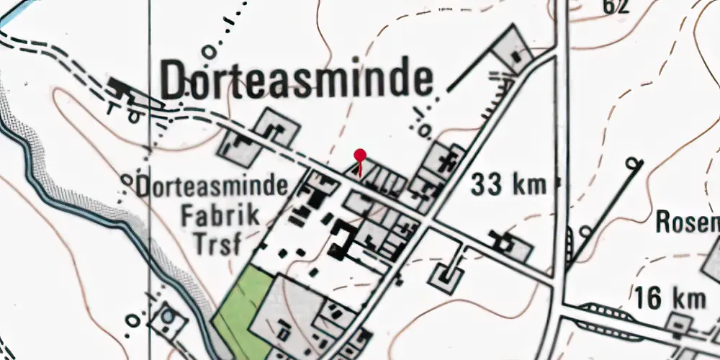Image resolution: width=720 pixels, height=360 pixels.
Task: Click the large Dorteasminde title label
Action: [297, 80]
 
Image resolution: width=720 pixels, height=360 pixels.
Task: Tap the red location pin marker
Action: [360, 155]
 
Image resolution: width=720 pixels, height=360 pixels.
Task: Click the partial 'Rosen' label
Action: [688, 223]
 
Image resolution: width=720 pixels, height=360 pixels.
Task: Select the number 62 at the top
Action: [617, 6]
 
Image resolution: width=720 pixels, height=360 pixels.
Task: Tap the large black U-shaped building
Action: [340, 241]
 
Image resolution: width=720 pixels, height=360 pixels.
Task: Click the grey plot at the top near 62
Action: [512, 48]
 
